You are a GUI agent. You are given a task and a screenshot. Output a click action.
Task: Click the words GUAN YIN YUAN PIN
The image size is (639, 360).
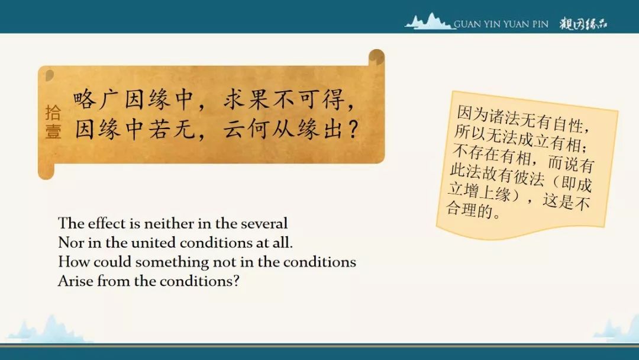[x=501, y=24]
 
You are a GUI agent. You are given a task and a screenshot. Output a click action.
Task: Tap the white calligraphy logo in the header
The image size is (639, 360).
[x=583, y=24]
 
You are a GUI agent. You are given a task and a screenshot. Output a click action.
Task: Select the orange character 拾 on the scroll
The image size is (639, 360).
[x=53, y=112]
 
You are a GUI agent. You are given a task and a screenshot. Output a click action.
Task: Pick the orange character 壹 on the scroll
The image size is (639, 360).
[x=53, y=131]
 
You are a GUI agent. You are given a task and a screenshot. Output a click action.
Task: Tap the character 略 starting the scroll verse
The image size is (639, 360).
[x=85, y=99]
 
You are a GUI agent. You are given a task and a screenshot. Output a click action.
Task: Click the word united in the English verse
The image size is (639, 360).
[x=153, y=243]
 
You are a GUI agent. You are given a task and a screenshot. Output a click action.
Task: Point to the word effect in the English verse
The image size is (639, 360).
[x=106, y=223]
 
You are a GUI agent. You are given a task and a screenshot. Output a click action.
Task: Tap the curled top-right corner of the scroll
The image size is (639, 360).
[x=376, y=57]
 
